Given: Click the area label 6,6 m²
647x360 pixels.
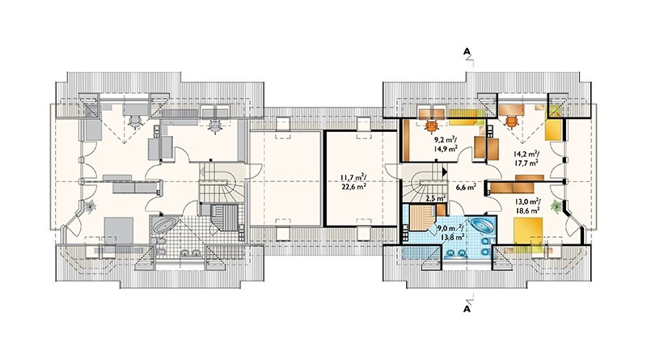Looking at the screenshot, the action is pyautogui.click(x=467, y=187).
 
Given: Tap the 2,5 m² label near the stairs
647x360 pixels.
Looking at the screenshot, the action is pyautogui.click(x=435, y=198).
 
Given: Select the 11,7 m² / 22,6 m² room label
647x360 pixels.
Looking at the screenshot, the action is pyautogui.click(x=353, y=182).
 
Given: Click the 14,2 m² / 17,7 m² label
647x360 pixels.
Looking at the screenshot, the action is pyautogui.click(x=526, y=158).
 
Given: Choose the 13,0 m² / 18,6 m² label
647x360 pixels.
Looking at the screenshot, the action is pyautogui.click(x=528, y=206).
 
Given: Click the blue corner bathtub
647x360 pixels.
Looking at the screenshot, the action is pyautogui.click(x=482, y=227).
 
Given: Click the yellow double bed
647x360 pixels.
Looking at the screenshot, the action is pyautogui.click(x=528, y=235).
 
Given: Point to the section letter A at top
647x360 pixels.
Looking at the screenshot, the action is pyautogui.click(x=467, y=51).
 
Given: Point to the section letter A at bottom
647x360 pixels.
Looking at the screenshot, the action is pyautogui.click(x=467, y=308).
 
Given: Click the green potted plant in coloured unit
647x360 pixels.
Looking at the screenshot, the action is pyautogui.click(x=557, y=205).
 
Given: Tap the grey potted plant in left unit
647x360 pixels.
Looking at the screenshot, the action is pyautogui.click(x=90, y=205).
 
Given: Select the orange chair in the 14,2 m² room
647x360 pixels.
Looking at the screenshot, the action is pyautogui.click(x=511, y=121).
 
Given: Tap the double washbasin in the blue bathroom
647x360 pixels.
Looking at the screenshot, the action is pyautogui.click(x=456, y=252).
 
